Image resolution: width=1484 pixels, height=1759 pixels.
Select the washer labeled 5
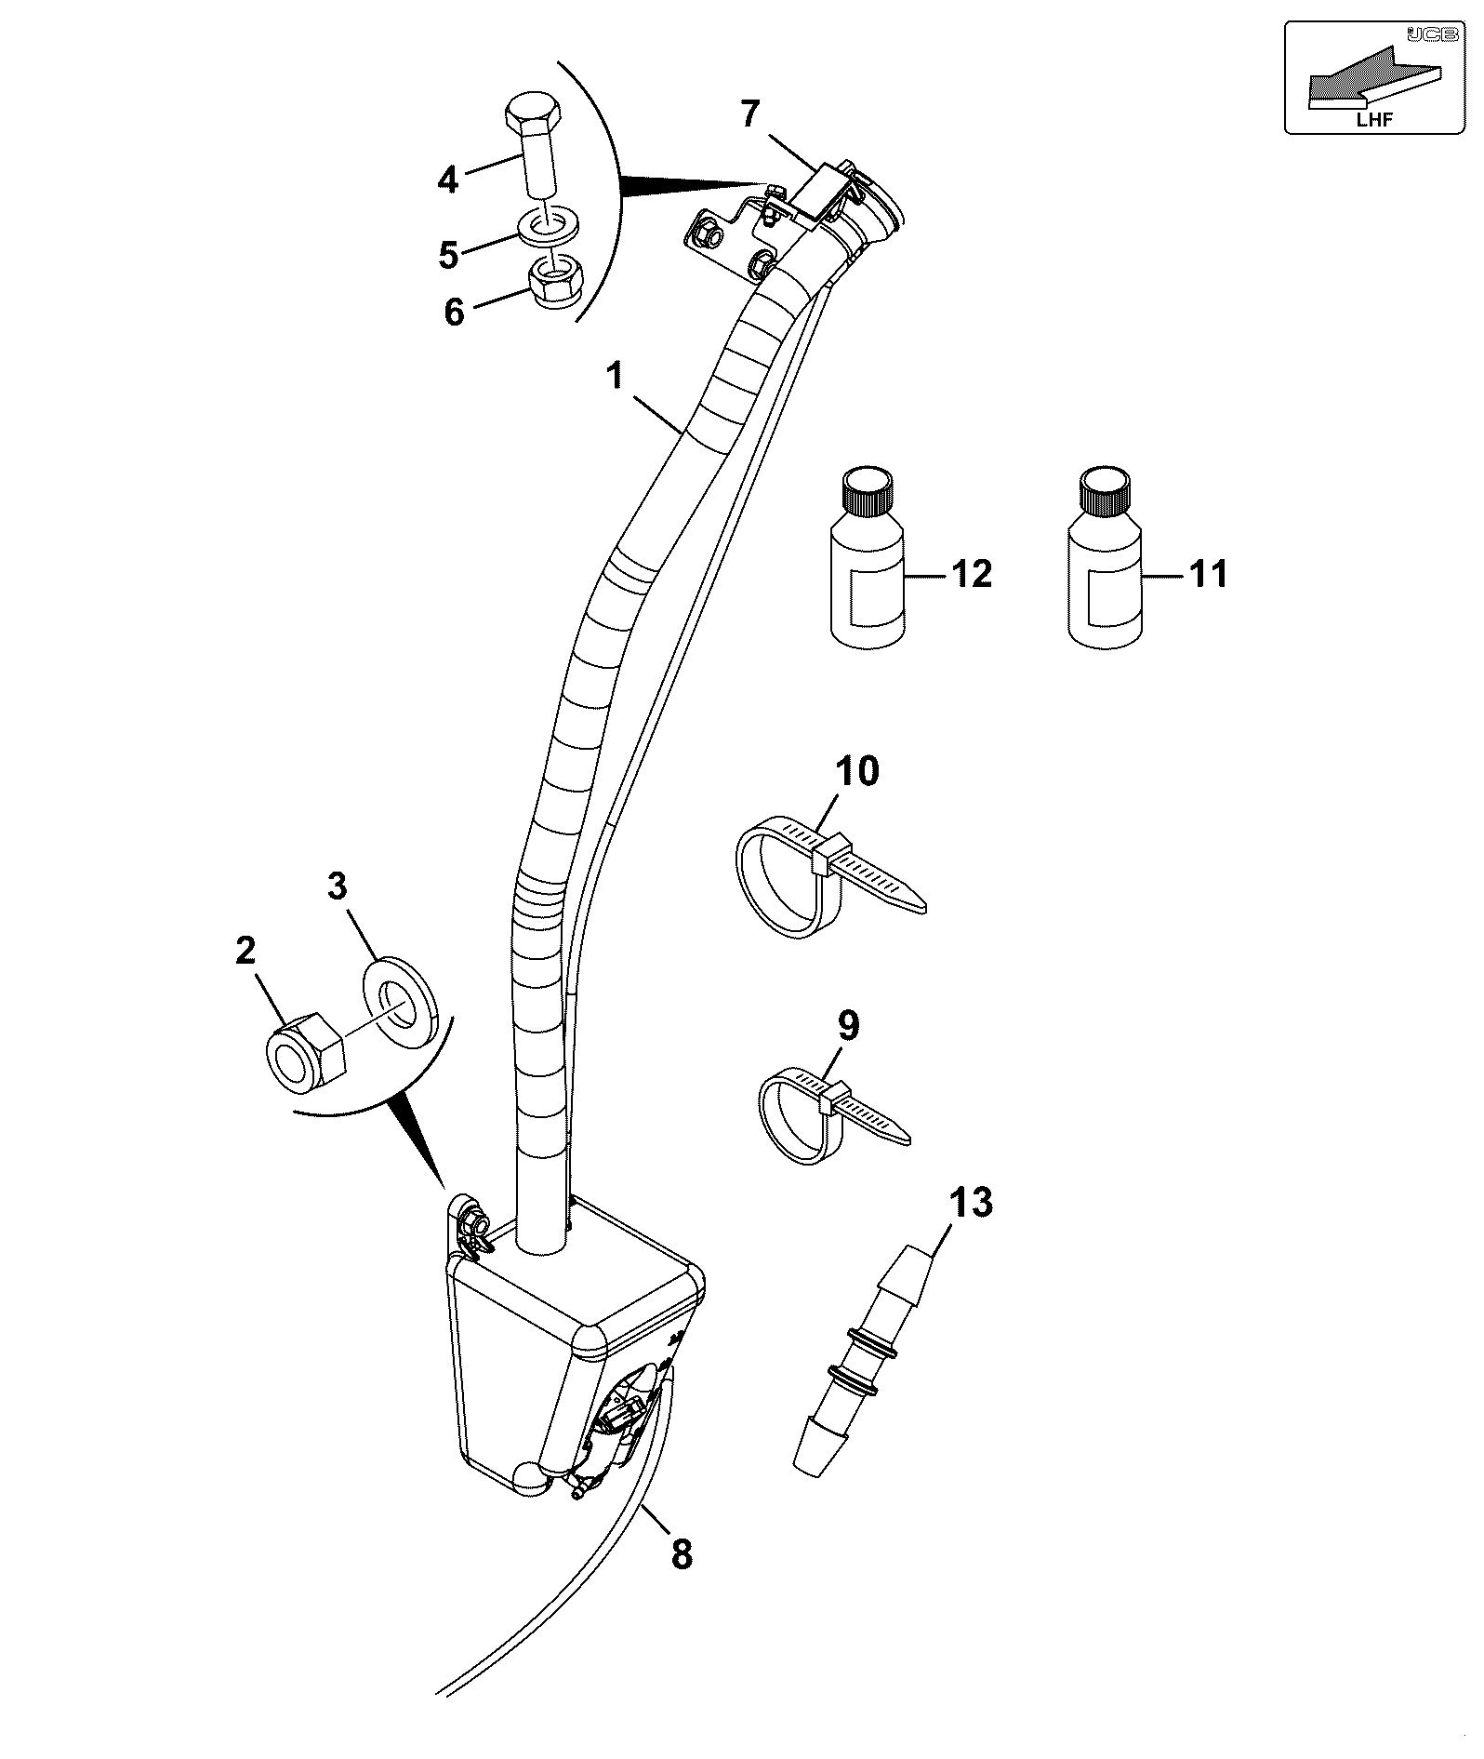(x=550, y=224)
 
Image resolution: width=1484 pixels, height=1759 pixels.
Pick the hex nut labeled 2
(x=305, y=1052)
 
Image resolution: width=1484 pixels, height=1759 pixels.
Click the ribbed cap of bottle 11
(x=1104, y=491)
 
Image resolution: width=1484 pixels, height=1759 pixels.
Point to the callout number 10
(x=856, y=772)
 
